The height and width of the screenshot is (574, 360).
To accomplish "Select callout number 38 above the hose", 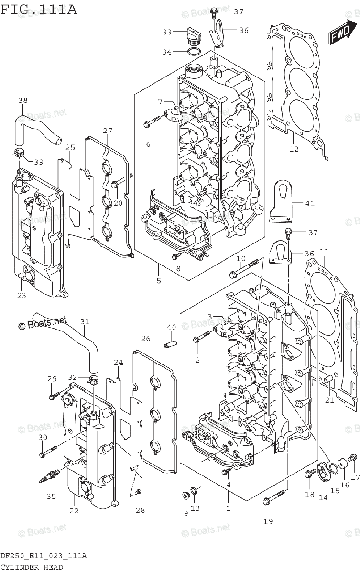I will [x=22, y=100].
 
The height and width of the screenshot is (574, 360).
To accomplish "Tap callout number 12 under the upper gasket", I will [x=294, y=149].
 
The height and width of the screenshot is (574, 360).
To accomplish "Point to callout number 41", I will [x=310, y=203].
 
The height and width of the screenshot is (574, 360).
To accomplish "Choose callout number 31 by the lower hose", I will [x=84, y=322].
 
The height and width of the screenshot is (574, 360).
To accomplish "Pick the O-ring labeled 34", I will [x=194, y=51].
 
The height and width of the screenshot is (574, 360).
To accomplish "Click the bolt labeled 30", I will [x=48, y=451].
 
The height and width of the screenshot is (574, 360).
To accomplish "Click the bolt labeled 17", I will [x=353, y=458].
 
